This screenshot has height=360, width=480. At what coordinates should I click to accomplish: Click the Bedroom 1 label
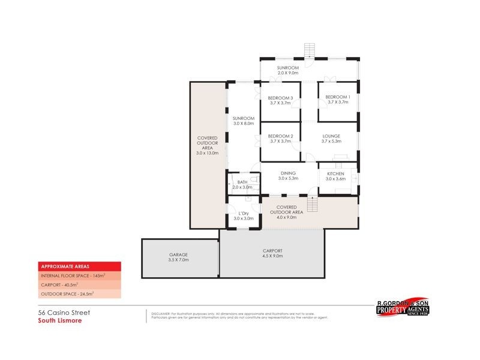tap(337, 97)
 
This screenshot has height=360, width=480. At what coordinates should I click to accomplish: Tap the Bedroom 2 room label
tap(280, 136)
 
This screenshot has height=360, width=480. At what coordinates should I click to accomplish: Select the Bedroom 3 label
tap(280, 98)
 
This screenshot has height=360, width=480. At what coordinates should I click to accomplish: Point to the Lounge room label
tap(331, 136)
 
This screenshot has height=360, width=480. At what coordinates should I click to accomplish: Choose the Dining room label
tap(288, 173)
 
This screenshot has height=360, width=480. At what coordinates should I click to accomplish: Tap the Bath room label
tap(242, 182)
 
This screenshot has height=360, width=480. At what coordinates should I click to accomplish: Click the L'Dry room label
tap(244, 213)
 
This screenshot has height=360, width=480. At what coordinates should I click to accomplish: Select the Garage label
tap(179, 254)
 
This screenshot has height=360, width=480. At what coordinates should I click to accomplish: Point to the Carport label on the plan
tap(272, 250)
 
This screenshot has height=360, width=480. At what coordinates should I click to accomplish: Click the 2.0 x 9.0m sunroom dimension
tap(288, 73)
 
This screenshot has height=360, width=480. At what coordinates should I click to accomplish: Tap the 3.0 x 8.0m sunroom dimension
tap(244, 124)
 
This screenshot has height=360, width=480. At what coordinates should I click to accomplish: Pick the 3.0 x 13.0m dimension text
tap(207, 153)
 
